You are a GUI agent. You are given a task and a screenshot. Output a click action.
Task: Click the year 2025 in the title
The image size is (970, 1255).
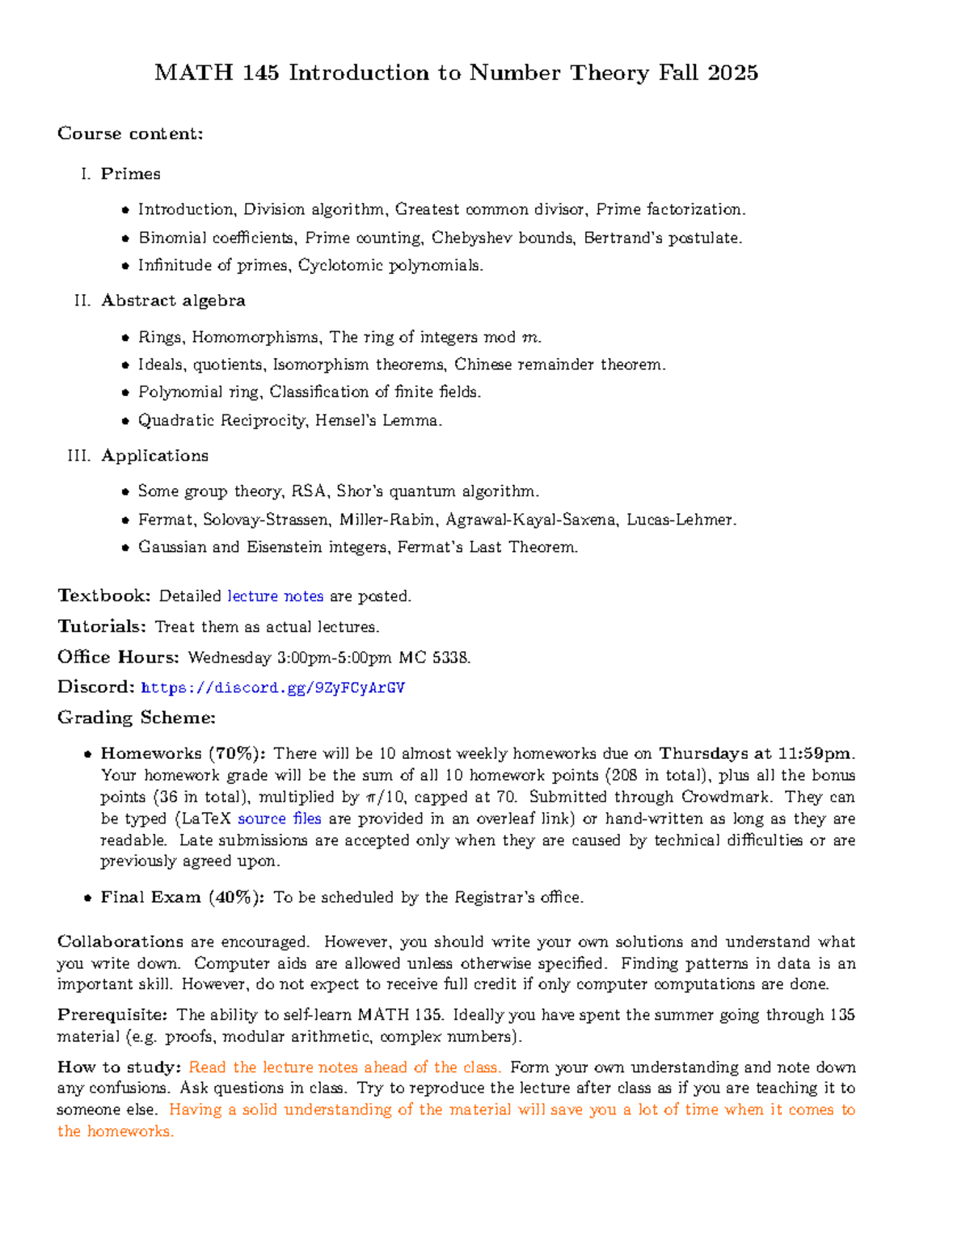point(732,73)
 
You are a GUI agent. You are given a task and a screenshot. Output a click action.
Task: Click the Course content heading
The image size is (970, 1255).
point(130,133)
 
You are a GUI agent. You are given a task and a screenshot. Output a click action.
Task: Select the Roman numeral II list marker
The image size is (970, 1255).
point(82,301)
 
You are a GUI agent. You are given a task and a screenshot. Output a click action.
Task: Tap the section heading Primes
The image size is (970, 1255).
point(130,174)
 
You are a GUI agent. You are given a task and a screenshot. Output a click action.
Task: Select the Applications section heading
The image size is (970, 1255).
point(154,456)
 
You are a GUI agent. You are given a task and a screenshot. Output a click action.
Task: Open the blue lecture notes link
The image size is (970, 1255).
point(276,596)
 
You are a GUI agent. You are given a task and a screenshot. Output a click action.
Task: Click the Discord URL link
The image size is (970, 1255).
point(272,688)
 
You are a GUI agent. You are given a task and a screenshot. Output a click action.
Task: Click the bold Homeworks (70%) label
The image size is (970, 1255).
point(183,753)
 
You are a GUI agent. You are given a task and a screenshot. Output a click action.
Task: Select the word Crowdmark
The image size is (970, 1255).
point(725,797)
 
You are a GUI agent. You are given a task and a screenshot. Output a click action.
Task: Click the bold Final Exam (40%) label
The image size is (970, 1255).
point(182,897)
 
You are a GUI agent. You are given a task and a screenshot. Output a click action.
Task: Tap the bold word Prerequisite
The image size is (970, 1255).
point(112,1015)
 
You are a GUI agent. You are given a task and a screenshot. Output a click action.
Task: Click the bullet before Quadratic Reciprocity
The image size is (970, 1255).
point(125,421)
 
